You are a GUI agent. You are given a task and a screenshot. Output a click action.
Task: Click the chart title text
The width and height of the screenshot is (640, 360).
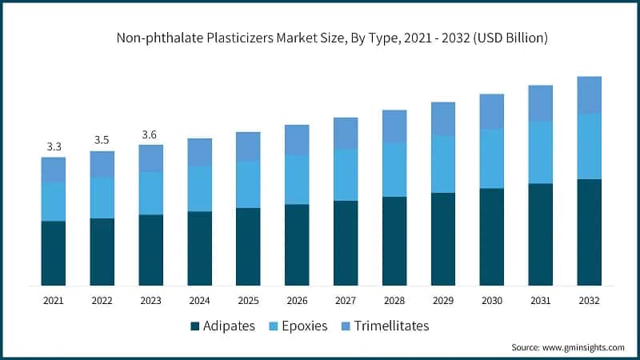[320, 38]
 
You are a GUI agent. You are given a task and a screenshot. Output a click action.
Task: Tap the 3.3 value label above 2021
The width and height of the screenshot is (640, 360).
[54, 146]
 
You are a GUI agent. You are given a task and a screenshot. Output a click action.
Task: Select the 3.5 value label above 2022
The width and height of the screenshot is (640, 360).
[102, 140]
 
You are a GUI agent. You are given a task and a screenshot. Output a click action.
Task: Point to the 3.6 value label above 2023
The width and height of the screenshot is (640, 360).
[150, 134]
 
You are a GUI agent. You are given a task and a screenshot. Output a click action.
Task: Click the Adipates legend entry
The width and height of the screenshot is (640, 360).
[222, 326]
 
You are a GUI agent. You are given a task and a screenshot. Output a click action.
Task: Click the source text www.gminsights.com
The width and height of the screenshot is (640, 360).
[567, 347]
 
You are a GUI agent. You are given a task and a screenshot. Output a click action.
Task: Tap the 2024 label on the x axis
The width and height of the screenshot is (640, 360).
[199, 300]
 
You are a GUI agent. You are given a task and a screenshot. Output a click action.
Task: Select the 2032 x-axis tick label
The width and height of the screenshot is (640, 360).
[589, 300]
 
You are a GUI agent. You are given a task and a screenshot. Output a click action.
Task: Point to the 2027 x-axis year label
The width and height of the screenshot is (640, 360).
[346, 300]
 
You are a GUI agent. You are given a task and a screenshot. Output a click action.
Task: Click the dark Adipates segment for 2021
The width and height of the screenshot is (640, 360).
[54, 253]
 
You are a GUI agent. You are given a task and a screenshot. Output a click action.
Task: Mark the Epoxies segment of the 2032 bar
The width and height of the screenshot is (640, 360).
[589, 146]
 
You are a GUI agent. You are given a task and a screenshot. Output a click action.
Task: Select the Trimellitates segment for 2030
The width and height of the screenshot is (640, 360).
[491, 111]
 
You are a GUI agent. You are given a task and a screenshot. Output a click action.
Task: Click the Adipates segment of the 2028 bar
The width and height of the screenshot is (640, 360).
[394, 241]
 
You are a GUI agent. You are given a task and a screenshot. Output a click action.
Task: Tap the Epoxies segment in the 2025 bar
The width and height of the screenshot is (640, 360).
[248, 184]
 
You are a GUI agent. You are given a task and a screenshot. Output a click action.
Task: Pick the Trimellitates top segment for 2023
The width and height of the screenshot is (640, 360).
[150, 158]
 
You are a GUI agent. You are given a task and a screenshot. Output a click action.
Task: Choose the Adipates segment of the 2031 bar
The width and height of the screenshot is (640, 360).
[540, 234]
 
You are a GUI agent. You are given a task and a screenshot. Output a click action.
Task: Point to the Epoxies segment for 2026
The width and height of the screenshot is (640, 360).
[297, 179]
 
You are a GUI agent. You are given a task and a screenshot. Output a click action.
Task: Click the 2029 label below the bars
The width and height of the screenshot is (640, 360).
[443, 300]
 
